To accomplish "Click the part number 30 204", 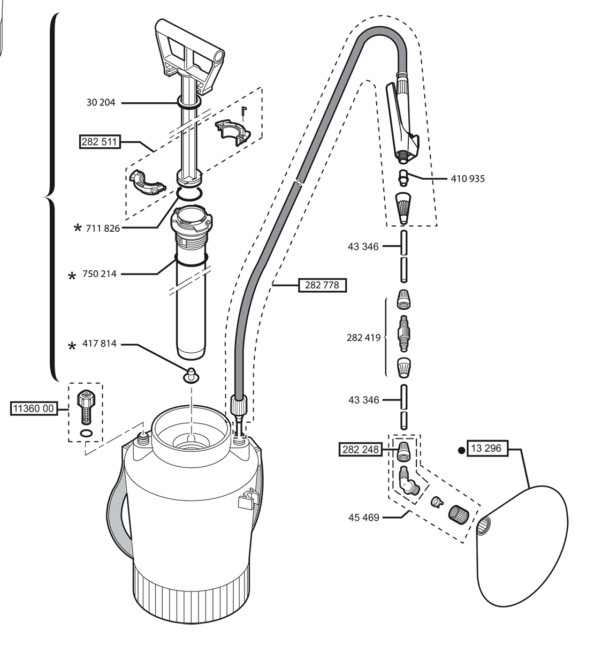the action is coord(101,103).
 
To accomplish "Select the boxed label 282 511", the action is coord(100,142).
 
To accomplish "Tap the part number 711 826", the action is coord(103,228).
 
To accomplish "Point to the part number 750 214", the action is coord(100,274).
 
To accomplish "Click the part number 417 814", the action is coord(100,344).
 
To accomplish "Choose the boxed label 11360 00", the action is coord(34,408).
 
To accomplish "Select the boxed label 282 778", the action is coord(322,285).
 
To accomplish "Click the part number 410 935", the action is coord(468,179).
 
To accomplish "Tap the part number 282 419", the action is coord(363,338).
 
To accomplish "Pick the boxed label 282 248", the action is coord(361,449).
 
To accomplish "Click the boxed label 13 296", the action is coord(487,448).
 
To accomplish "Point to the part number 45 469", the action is coord(364,518).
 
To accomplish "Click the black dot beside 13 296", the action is coord(461,451).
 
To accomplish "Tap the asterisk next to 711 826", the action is coord(78,228).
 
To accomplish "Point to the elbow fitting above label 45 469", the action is coord(409,482).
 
